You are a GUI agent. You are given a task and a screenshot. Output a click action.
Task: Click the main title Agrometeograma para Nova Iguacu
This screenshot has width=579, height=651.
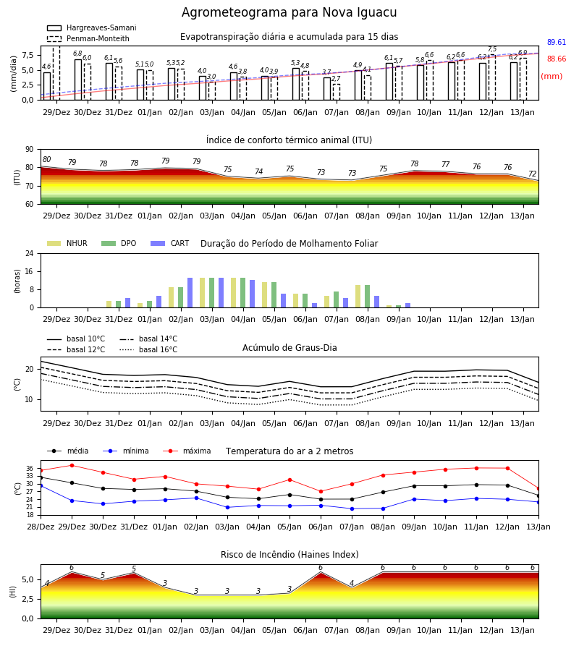[289, 12]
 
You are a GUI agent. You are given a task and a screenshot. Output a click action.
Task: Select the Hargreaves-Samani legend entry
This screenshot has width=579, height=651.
[91, 27]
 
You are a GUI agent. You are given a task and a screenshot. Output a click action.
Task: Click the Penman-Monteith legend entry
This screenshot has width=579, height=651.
[88, 38]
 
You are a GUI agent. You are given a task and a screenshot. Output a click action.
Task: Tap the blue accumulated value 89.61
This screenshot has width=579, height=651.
[557, 43]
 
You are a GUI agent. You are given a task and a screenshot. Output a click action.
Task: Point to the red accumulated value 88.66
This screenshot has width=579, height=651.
[557, 59]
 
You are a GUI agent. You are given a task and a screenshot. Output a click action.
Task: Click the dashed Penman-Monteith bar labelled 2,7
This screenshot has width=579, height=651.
[337, 92]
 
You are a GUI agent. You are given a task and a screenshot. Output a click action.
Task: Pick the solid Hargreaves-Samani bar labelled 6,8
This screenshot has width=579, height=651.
[78, 80]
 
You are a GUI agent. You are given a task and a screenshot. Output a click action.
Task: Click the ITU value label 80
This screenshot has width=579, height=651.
[46, 159]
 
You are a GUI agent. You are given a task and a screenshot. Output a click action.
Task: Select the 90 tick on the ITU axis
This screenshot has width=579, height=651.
[30, 150]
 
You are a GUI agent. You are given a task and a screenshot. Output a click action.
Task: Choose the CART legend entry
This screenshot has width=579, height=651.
[170, 243]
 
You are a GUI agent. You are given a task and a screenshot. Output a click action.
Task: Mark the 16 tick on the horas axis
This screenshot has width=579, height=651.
[30, 271]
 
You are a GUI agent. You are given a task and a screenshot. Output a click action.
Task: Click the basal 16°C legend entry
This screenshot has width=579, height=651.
[148, 349]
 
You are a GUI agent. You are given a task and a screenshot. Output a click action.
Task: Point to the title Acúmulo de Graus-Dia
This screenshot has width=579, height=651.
[289, 348]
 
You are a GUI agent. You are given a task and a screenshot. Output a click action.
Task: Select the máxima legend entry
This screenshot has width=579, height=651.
[187, 451]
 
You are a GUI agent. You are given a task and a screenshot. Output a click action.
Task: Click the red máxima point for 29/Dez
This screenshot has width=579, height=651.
[72, 465]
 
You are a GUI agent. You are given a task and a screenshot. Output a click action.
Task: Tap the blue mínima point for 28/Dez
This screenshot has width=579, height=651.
[41, 485]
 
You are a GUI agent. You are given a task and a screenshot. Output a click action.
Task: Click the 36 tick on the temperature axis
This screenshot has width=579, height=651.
[30, 468]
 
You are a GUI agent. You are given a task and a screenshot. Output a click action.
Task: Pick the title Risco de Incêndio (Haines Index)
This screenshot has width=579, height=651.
[289, 555]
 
